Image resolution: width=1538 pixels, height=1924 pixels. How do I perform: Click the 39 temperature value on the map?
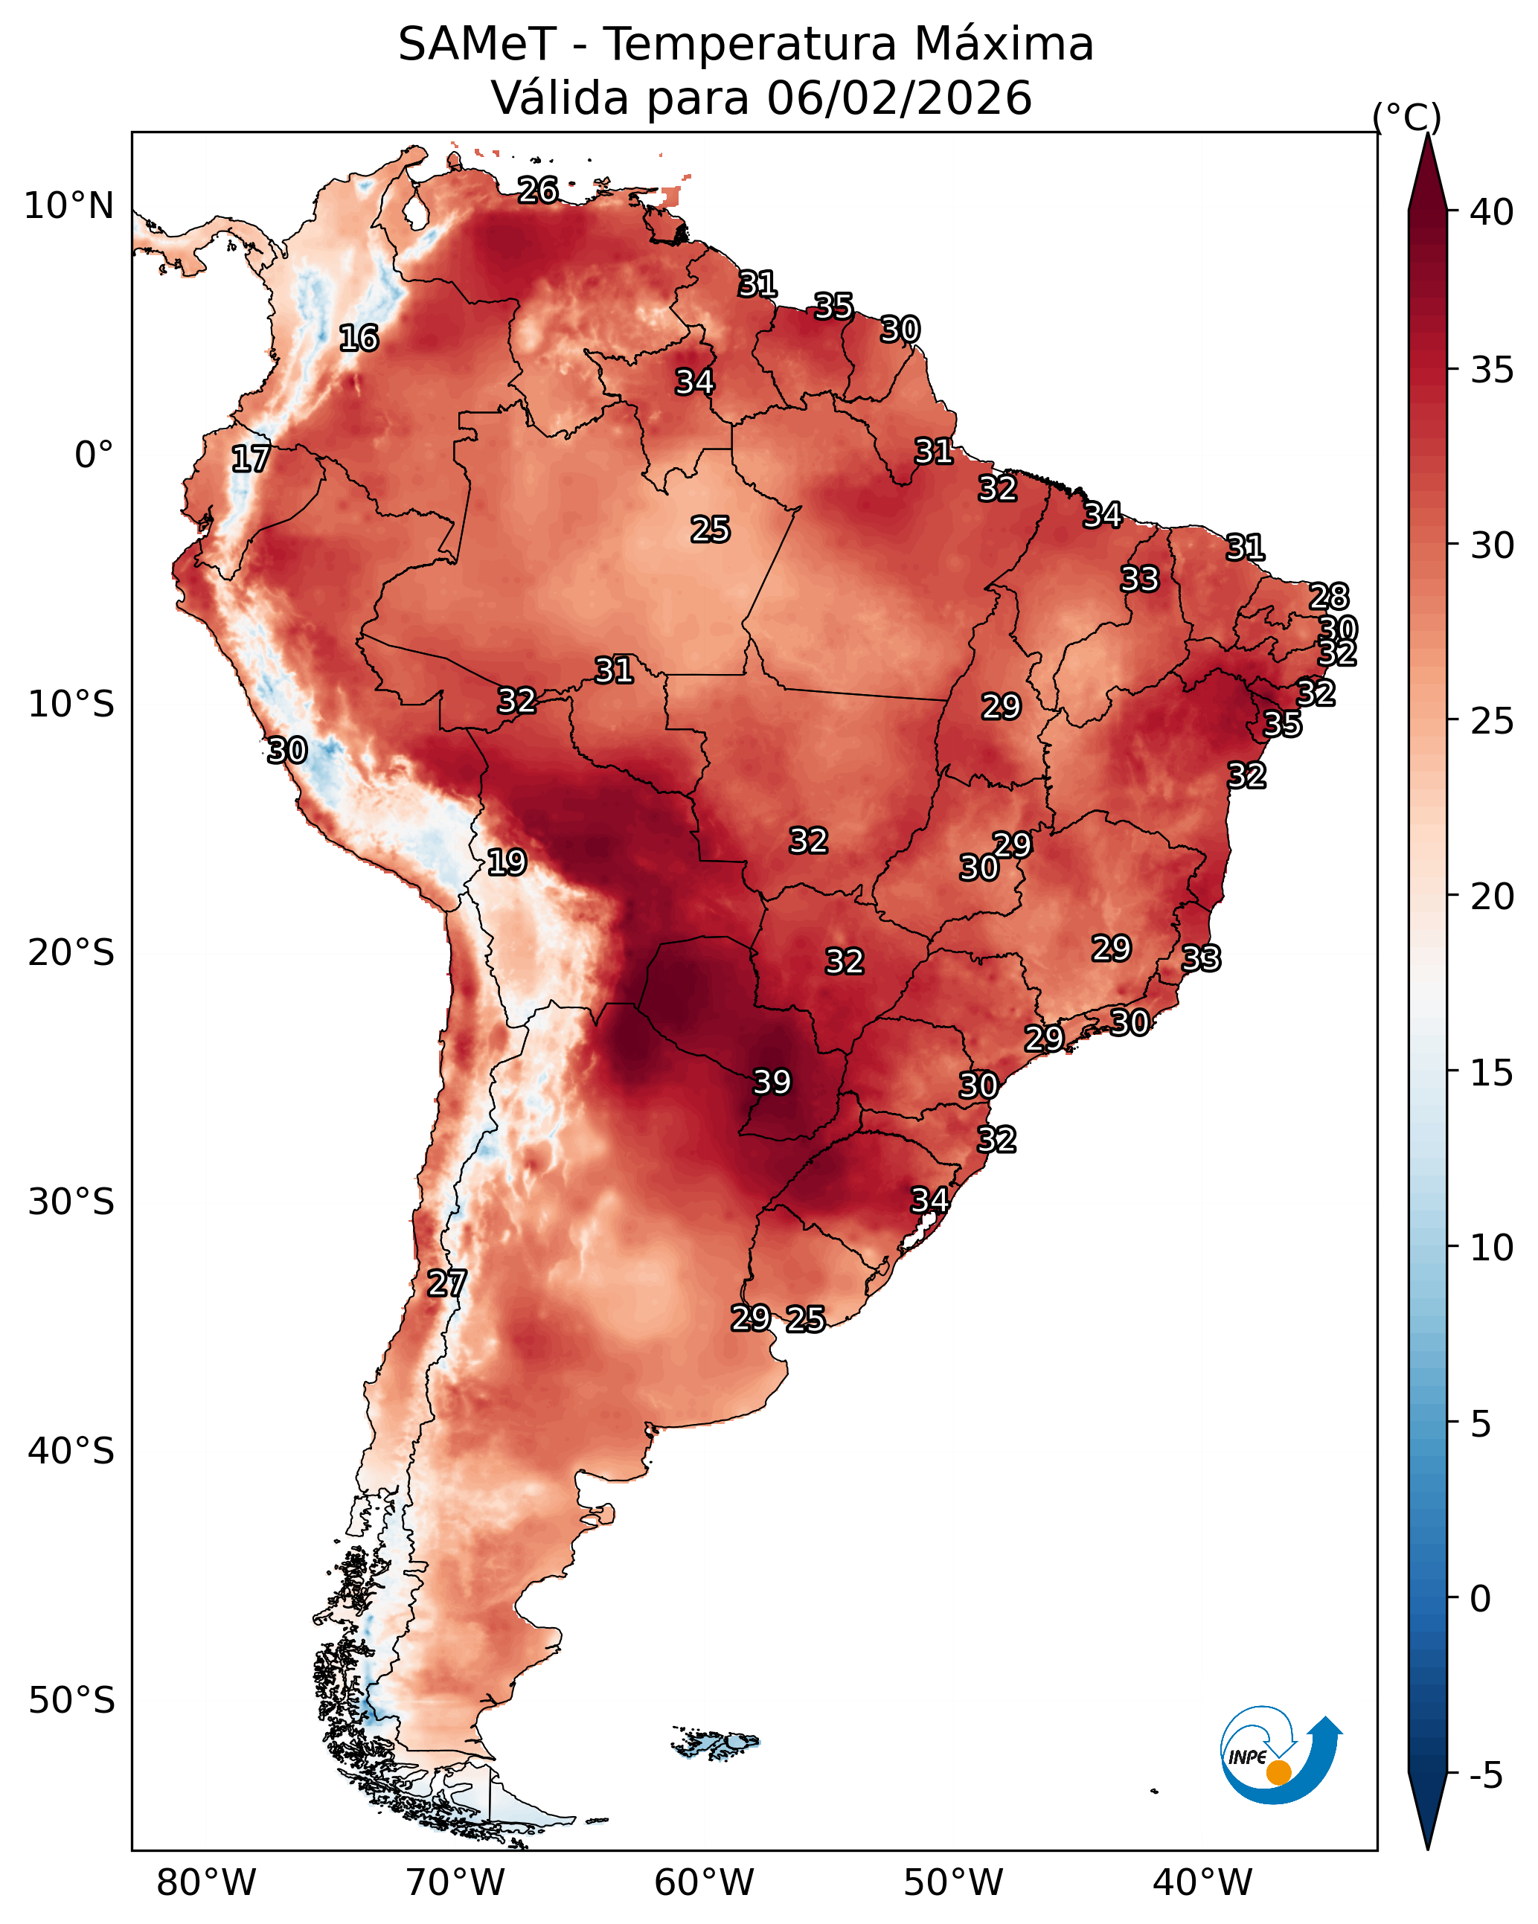point(772,1083)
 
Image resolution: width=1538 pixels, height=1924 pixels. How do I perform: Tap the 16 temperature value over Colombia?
point(359,339)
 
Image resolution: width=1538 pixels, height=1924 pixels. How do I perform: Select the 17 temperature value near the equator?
point(251,459)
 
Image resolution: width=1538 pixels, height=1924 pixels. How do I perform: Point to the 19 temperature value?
point(507,863)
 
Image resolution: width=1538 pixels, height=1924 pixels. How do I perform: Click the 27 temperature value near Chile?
point(446,1283)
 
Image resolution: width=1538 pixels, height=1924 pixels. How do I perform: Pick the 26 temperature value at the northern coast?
point(538,190)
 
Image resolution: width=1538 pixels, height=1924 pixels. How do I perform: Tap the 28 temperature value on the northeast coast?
point(1328,596)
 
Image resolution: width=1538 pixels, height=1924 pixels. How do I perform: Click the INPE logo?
point(1279,1757)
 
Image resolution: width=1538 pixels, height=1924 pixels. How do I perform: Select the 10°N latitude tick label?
point(68,206)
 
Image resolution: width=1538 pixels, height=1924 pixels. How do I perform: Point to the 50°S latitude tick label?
point(71,1701)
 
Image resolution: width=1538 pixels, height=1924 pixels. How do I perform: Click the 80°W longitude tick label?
point(206,1883)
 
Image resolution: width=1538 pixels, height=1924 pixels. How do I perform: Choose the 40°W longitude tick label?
point(1202,1883)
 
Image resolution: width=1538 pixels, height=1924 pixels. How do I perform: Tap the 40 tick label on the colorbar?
point(1492,212)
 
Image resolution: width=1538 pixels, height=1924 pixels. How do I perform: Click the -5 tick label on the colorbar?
point(1486,1776)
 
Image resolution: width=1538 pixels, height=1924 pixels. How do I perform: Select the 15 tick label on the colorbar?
point(1492,1073)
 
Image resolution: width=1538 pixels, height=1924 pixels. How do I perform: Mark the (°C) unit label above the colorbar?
point(1407,117)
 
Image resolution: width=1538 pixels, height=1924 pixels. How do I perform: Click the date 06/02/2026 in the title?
point(900,98)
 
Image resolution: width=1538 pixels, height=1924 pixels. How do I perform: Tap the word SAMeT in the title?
point(478,45)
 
